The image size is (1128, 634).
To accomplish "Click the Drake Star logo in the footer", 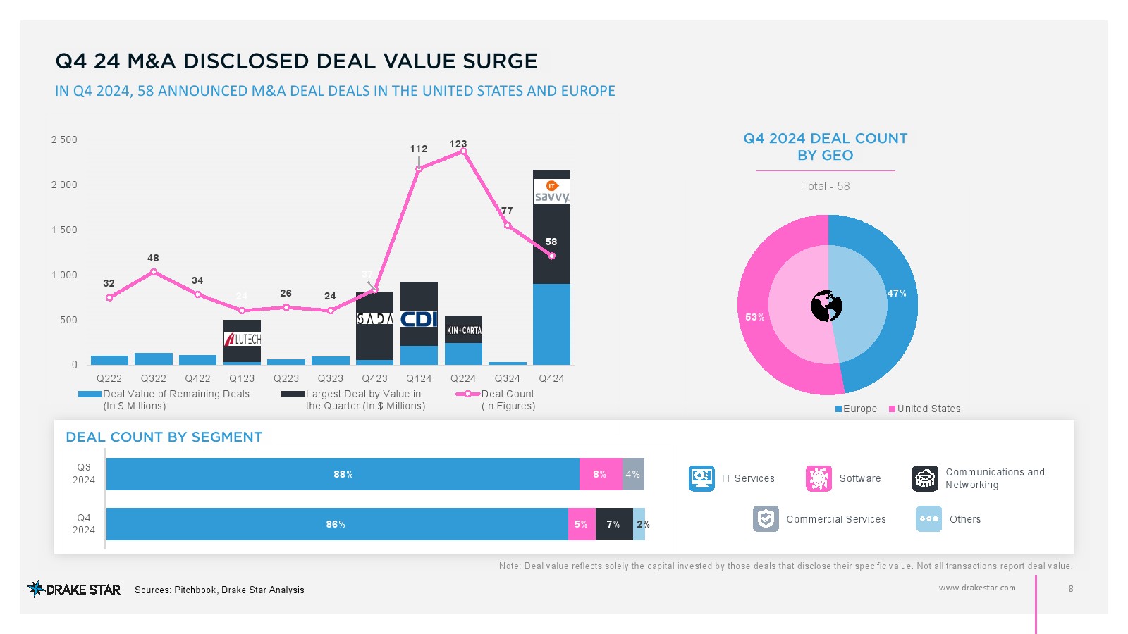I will coord(73,589).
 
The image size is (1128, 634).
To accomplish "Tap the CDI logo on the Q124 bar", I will coord(419,319).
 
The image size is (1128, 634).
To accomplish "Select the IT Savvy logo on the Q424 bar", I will coord(552,192).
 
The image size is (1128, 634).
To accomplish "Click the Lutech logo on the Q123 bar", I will coord(243,339).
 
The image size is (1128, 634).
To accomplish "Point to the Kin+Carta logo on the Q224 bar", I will coord(463,330).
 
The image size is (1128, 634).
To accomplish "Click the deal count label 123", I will coord(458,144).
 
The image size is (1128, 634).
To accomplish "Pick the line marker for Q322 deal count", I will coord(154,272).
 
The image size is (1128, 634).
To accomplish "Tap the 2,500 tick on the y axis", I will coord(64,139).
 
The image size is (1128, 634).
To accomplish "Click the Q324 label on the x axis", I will coord(508,378).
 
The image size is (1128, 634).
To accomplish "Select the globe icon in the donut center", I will coord(826,306).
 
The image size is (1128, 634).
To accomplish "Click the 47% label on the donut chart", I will coord(897,293).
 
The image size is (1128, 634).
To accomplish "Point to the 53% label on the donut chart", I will coord(755,317).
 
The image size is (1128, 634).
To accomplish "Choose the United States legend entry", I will coord(924,409).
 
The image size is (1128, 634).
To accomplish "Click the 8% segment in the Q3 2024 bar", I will coord(600,474).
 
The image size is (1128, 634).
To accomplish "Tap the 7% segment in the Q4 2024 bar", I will coord(613,524).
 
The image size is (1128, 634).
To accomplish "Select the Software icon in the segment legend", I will coord(819,478).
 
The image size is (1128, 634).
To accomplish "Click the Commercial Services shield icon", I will coord(766,519).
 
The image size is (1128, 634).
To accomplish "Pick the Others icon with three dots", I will coord(928,519).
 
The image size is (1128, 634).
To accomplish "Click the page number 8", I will coord(1071,588).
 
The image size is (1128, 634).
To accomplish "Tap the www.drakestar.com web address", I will coord(977,588).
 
